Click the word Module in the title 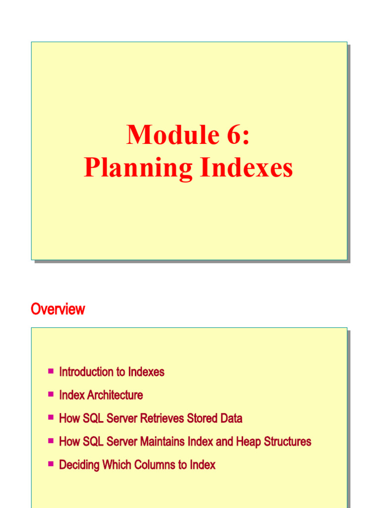point(167,135)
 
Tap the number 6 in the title point(235,135)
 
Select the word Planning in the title point(137,168)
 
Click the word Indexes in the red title point(247,168)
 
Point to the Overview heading point(58,310)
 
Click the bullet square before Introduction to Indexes point(51,371)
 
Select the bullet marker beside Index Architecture point(51,394)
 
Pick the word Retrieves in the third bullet point(162,419)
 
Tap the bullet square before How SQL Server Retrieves point(51,417)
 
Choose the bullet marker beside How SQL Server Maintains point(51,441)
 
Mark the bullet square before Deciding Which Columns point(51,464)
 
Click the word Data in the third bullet point(231,419)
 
